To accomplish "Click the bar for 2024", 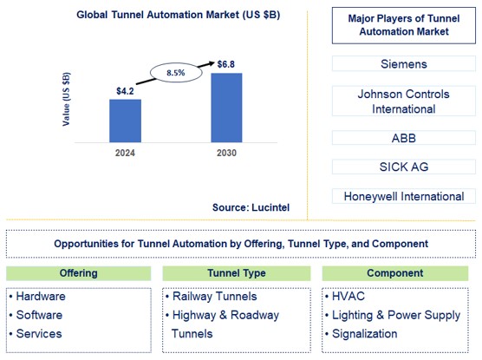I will click(125, 121).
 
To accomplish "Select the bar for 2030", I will click(226, 108).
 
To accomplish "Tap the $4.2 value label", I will click(125, 89).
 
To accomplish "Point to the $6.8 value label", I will click(227, 63).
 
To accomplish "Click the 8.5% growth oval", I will click(176, 74).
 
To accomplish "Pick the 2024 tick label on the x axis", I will click(124, 153).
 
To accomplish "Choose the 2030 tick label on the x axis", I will click(226, 153).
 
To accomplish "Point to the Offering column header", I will click(78, 273).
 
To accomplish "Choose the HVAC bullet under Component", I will click(349, 296).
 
